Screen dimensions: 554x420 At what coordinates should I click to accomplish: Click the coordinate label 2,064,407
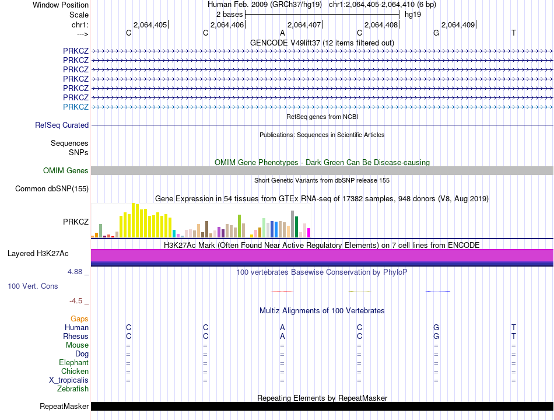click(x=304, y=24)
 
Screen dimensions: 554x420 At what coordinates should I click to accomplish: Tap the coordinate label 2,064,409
click(x=458, y=24)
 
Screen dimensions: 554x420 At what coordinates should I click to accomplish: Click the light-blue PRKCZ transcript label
click(x=76, y=107)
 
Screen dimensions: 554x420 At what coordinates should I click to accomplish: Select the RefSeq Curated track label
click(x=62, y=125)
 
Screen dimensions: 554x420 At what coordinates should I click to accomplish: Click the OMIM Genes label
click(x=66, y=170)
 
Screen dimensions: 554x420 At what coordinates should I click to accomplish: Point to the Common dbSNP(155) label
click(x=51, y=188)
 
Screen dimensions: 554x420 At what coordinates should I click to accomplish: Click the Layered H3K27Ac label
click(x=38, y=254)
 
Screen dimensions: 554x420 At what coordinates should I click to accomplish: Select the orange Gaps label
click(x=79, y=319)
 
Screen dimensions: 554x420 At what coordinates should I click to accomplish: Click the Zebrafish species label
click(x=73, y=388)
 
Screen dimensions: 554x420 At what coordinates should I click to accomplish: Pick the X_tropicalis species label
click(x=69, y=380)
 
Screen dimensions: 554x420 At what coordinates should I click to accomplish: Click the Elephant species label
click(x=74, y=362)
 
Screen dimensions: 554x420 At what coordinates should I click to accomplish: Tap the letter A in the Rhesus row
click(x=282, y=336)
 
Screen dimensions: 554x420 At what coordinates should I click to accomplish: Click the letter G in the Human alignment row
click(x=436, y=327)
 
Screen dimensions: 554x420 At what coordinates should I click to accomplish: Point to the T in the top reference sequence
click(x=514, y=33)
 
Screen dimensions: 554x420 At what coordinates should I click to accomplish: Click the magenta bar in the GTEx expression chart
click(x=309, y=233)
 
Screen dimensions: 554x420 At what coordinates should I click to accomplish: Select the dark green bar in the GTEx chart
click(x=296, y=226)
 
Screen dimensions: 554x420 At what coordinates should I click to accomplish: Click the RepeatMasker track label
click(x=64, y=406)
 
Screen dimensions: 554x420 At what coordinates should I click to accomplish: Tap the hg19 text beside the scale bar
click(x=413, y=15)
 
